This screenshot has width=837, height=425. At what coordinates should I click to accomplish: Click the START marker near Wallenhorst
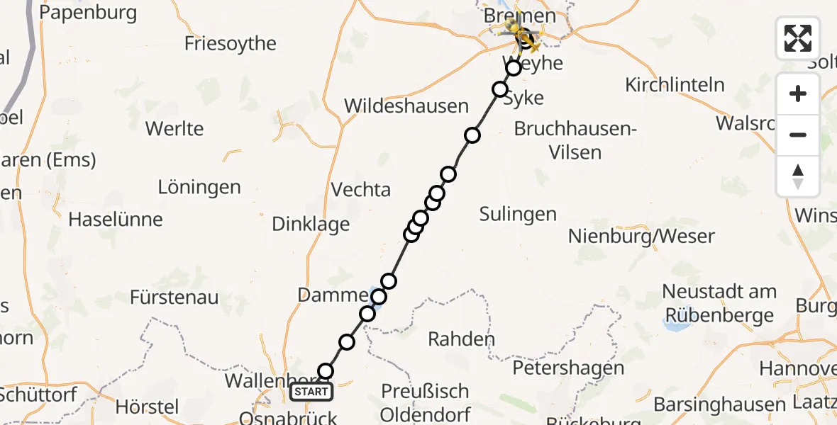pyautogui.click(x=311, y=392)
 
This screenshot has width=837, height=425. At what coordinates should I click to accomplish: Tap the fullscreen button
pyautogui.click(x=798, y=38)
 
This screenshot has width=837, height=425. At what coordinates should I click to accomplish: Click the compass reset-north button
pyautogui.click(x=798, y=176)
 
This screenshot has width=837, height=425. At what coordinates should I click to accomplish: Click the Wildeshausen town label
pyautogui.click(x=406, y=106)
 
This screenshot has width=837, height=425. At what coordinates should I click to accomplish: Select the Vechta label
pyautogui.click(x=361, y=189)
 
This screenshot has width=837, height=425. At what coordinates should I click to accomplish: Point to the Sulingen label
pyautogui.click(x=518, y=213)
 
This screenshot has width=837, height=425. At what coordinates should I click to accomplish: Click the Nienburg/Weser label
pyautogui.click(x=641, y=236)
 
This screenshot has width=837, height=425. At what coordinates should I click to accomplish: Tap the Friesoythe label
pyautogui.click(x=230, y=43)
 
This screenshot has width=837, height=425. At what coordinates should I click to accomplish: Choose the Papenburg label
pyautogui.click(x=89, y=13)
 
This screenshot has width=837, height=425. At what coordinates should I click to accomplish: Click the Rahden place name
pyautogui.click(x=461, y=339)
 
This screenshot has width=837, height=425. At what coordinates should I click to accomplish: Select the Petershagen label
pyautogui.click(x=568, y=368)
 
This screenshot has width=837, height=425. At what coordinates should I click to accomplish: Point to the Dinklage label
pyautogui.click(x=311, y=224)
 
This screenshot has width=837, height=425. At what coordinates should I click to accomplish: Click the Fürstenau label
pyautogui.click(x=174, y=297)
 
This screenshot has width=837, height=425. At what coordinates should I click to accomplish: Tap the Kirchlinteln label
pyautogui.click(x=675, y=85)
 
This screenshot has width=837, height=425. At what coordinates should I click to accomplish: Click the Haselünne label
pyautogui.click(x=116, y=220)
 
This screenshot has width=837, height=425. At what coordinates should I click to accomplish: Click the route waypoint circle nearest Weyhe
pyautogui.click(x=514, y=68)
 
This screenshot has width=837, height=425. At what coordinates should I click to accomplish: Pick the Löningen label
pyautogui.click(x=199, y=188)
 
